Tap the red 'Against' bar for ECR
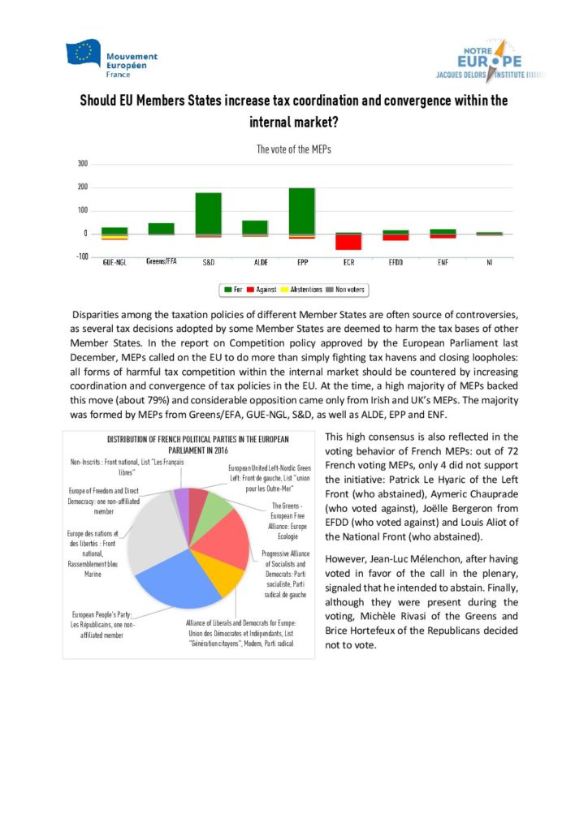click(x=348, y=242)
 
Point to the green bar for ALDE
click(x=255, y=226)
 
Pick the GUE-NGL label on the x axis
click(x=114, y=263)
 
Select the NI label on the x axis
click(x=489, y=263)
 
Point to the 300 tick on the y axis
click(x=83, y=164)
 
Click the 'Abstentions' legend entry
click(x=300, y=289)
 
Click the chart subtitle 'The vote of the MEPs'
click(x=293, y=149)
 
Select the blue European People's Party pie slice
click(x=177, y=579)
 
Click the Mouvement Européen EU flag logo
click(x=84, y=54)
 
